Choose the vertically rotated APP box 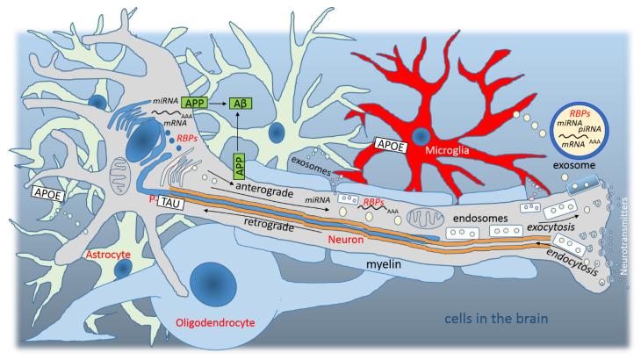[x=238, y=163]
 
